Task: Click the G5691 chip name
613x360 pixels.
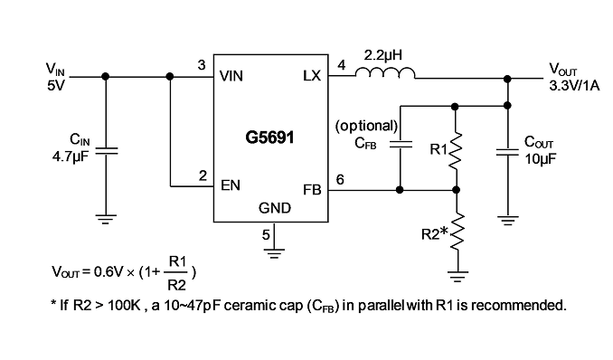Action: tap(269, 137)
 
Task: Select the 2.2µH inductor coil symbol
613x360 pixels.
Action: tap(385, 72)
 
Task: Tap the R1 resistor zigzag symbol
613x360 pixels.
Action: tap(455, 151)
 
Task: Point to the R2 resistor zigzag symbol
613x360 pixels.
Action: tap(457, 232)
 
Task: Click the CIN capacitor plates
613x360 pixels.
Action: tap(106, 151)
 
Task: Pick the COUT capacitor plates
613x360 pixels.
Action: tap(507, 151)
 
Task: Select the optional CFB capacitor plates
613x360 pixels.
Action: tap(400, 144)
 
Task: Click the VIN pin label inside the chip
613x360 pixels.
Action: tap(231, 76)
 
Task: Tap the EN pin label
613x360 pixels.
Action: tap(231, 185)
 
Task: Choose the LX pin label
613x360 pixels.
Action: tap(312, 75)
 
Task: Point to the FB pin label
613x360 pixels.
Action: tap(312, 190)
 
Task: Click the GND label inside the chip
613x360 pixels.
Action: tap(275, 208)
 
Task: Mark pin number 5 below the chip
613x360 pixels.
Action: tap(266, 235)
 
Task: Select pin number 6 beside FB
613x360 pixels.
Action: tap(340, 180)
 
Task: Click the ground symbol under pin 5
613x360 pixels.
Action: tap(274, 253)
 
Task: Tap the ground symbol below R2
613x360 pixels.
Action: tap(457, 276)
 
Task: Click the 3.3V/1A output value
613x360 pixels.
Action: tap(574, 86)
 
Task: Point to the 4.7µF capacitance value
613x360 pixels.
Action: tap(71, 156)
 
